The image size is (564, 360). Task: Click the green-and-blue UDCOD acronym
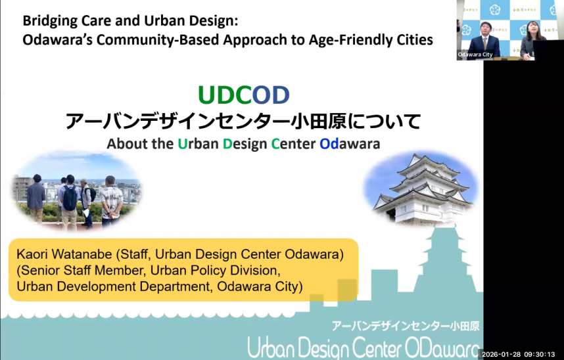pos(243,96)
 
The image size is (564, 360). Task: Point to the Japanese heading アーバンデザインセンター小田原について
pos(243,122)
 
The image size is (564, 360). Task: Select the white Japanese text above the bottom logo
pos(406,325)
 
